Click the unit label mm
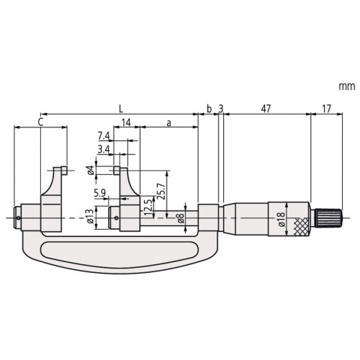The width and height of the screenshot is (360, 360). click(x=347, y=86)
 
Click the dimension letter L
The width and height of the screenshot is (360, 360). click(x=121, y=109)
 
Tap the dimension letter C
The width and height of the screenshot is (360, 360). click(x=41, y=122)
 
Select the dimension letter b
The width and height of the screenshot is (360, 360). click(x=210, y=109)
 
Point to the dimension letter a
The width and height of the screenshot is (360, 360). click(x=169, y=123)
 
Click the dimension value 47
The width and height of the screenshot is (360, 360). click(x=266, y=109)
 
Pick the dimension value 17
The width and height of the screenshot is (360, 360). click(x=326, y=109)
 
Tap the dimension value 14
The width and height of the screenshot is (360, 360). click(x=126, y=122)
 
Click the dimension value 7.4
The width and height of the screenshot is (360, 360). click(x=104, y=136)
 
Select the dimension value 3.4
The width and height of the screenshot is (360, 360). click(x=104, y=150)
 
